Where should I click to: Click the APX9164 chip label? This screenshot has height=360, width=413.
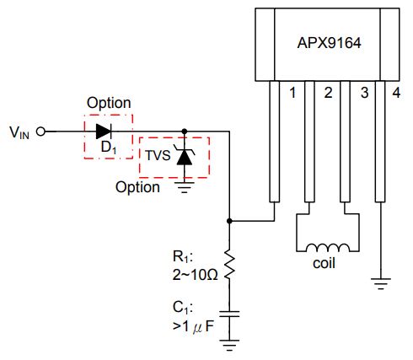point(329,43)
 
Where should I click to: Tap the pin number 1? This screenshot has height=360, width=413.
point(292,93)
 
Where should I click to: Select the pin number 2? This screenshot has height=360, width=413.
point(328,93)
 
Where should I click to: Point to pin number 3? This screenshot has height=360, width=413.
point(364,93)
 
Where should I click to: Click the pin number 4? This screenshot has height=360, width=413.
point(396,93)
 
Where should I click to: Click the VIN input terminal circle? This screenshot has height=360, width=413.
point(40,132)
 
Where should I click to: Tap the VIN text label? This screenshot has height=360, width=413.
point(19,132)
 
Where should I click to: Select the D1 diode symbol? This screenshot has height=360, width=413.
point(104,132)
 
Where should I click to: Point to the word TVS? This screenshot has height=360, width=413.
point(158,155)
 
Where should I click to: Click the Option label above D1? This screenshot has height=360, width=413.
point(109,103)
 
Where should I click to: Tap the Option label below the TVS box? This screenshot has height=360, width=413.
point(137,187)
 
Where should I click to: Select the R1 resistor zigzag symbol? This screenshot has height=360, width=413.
point(229,265)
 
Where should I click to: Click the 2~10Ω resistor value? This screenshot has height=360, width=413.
point(195,275)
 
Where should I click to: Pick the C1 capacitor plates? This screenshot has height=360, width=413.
point(229,314)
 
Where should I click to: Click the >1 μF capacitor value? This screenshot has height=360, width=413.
point(193,326)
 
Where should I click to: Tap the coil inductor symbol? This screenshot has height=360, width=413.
point(328,247)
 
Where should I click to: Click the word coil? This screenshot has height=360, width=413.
point(324,264)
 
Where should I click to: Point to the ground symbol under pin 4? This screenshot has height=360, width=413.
point(381,284)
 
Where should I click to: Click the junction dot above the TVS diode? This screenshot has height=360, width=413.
point(185,132)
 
